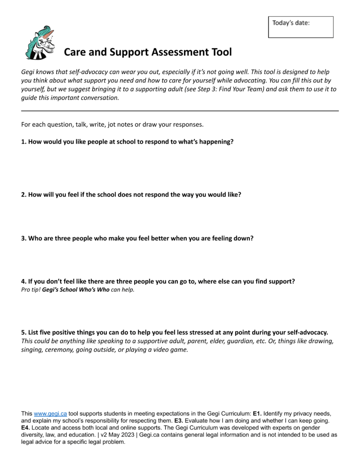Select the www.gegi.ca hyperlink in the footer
[x=50, y=413]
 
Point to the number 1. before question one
[x=24, y=141]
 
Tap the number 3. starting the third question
[x=24, y=238]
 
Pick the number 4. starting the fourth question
[x=24, y=281]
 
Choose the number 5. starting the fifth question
[x=24, y=332]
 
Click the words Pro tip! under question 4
[x=31, y=290]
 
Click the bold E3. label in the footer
[x=180, y=420]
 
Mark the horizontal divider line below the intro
[x=180, y=110]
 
